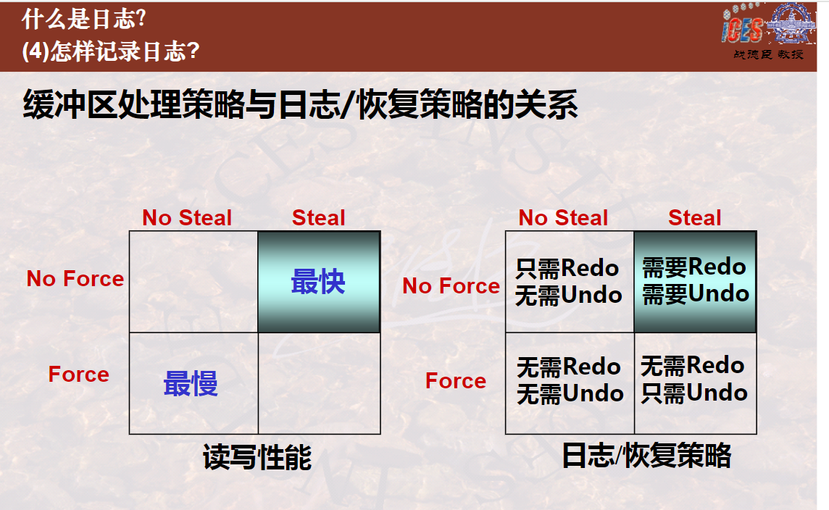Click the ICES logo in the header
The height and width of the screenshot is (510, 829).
[x=768, y=25]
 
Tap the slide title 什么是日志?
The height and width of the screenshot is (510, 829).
[x=83, y=20]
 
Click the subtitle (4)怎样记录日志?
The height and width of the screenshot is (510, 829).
[x=110, y=51]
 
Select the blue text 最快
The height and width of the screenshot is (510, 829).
[x=317, y=281]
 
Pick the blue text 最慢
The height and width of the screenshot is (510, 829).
[x=191, y=383]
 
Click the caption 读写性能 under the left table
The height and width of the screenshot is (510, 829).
[x=257, y=456]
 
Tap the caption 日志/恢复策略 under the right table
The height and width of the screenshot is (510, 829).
[x=646, y=456]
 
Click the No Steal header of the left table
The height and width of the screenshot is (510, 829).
[x=187, y=218]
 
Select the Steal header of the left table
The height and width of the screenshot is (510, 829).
[x=318, y=218]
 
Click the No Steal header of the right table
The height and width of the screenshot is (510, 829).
[x=563, y=218]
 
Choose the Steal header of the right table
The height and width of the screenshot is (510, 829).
[x=694, y=218]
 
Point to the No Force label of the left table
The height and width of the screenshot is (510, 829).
[x=75, y=278]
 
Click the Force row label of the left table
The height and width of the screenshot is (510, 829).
[x=79, y=375]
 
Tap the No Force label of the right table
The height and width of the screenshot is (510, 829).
[x=451, y=286]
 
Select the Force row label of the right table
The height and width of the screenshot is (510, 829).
[x=456, y=380]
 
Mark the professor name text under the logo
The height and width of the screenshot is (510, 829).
[x=768, y=54]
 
